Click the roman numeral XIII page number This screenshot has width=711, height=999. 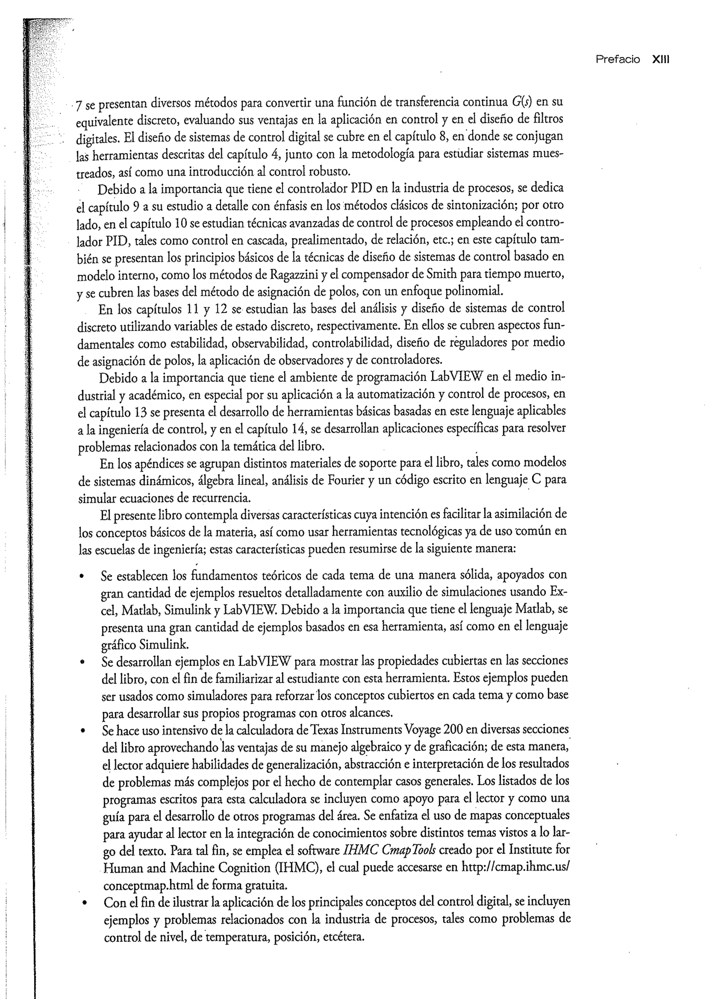point(661,60)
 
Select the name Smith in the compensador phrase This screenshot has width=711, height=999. point(442,274)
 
